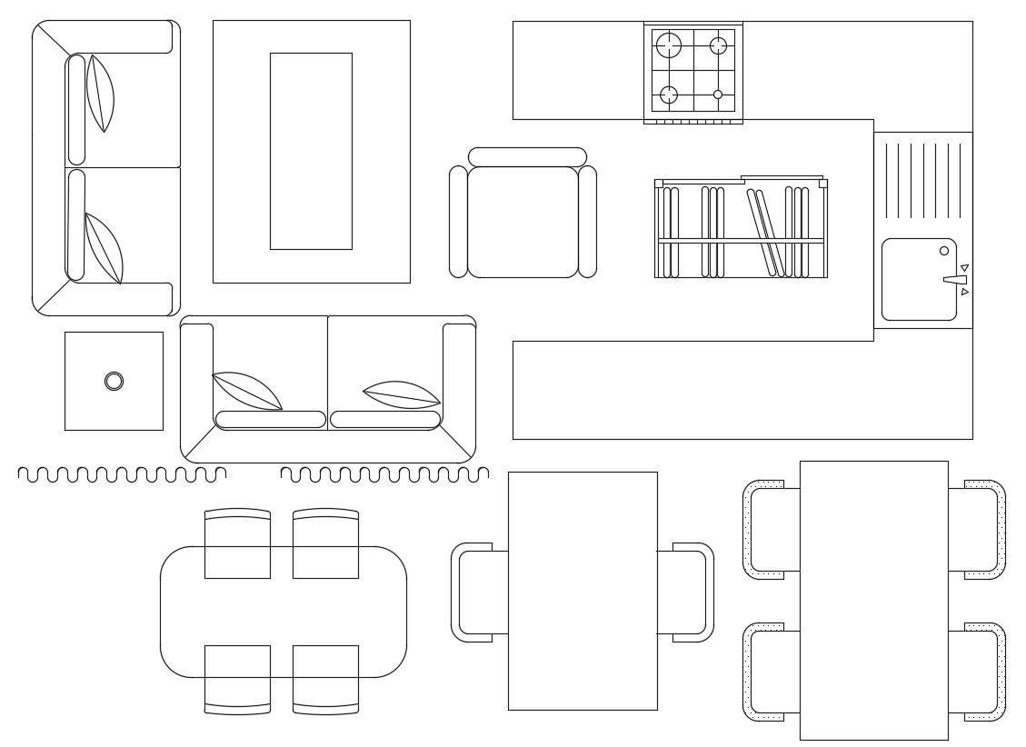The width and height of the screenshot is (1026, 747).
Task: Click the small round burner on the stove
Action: tap(718, 95)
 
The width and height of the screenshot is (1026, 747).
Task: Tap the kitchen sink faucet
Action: tap(954, 280)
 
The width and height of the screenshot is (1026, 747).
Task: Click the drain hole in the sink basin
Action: tap(943, 251)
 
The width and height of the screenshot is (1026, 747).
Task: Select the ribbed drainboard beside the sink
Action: tap(922, 180)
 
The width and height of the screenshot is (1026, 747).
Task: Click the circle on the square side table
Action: tap(114, 381)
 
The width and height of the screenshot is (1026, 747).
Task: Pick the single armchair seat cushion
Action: tap(523, 222)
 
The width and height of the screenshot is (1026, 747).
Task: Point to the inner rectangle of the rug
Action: tap(311, 151)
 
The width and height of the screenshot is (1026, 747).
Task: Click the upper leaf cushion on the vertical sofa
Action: tap(100, 94)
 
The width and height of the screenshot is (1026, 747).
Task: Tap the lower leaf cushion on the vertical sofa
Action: tap(104, 248)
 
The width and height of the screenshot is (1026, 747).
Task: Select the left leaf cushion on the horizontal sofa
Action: tap(246, 391)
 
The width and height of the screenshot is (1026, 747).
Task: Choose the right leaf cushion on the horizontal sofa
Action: tap(402, 394)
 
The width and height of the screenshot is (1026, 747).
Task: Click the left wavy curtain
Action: tap(122, 474)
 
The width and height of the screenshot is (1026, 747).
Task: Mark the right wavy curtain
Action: tap(384, 474)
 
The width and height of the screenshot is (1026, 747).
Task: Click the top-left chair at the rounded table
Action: tap(237, 543)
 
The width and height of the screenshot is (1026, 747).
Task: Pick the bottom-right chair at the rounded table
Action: tap(325, 679)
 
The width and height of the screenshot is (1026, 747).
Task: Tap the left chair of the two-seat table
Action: tap(477, 593)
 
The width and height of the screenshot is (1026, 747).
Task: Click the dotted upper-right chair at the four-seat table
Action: tap(980, 530)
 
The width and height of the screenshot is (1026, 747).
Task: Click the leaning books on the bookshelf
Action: tap(766, 231)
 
